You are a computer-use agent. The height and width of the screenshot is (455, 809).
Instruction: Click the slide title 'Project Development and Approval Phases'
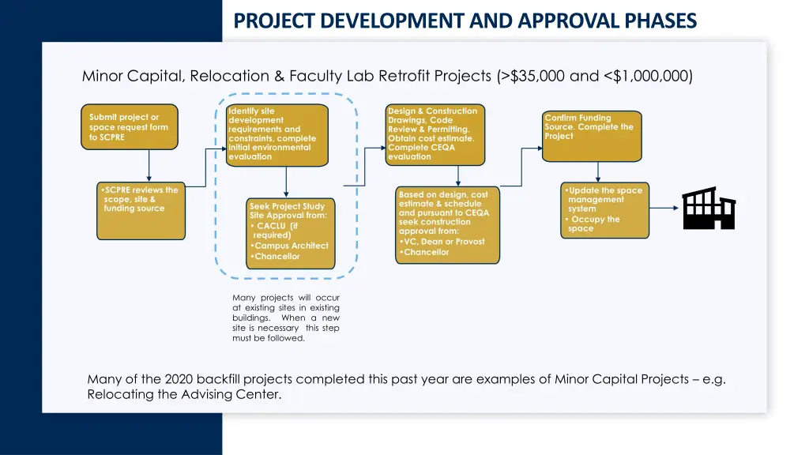click(x=465, y=21)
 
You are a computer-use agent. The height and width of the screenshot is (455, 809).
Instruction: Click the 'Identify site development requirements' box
click(x=277, y=135)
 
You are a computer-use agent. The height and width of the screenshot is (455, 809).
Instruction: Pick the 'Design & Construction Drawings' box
click(x=435, y=134)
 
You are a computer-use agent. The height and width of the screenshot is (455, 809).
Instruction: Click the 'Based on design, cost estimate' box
click(x=446, y=225)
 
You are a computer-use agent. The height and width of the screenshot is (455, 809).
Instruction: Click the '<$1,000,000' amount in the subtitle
click(x=648, y=77)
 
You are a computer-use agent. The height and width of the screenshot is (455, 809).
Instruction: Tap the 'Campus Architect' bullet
click(x=291, y=246)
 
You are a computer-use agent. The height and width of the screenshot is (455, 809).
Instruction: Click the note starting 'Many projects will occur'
click(x=285, y=318)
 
